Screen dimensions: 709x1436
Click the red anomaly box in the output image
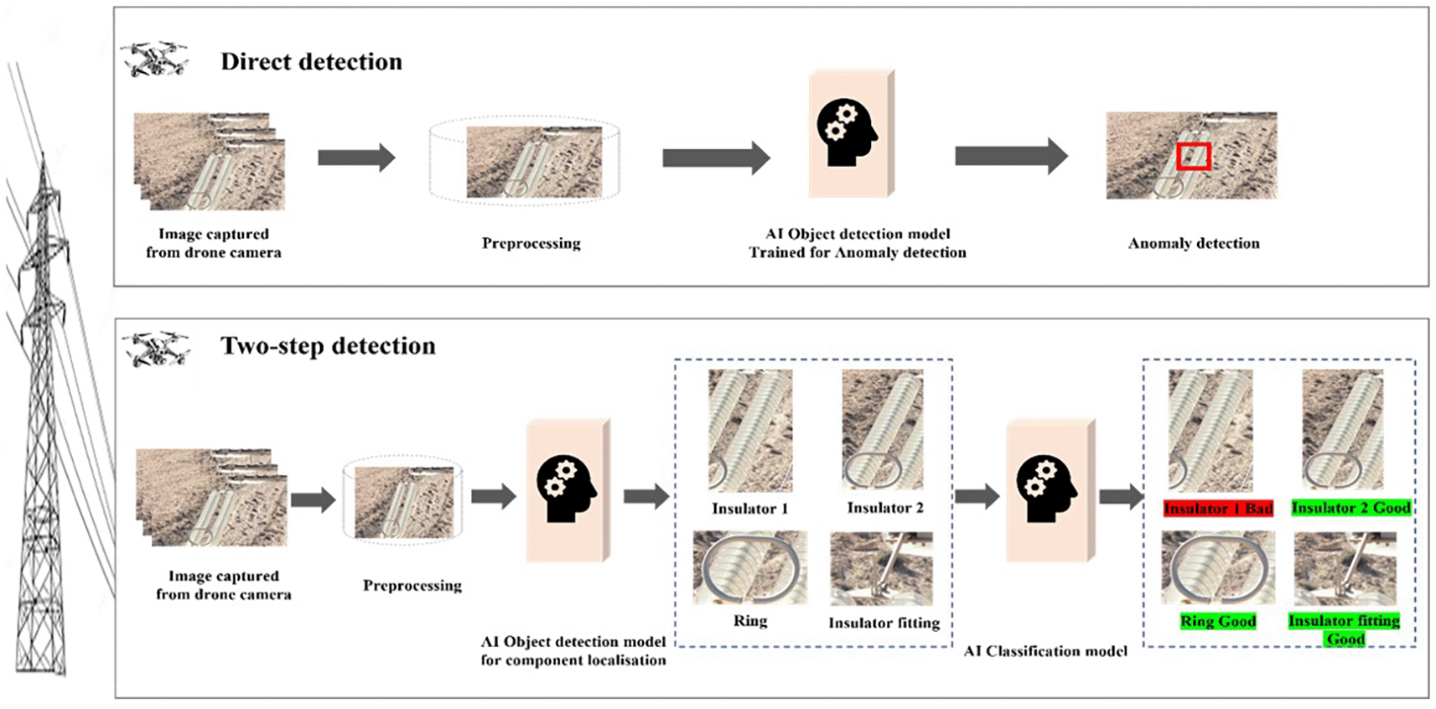(x=1193, y=157)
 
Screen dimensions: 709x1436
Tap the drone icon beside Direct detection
(x=154, y=60)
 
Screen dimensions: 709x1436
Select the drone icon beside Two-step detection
(x=156, y=349)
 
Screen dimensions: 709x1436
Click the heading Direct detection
(x=311, y=62)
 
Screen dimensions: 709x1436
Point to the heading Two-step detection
(x=328, y=346)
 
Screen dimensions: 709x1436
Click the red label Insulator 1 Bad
(x=1218, y=509)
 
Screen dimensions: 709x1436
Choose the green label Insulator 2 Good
(x=1350, y=508)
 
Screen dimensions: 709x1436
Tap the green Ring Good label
(x=1218, y=621)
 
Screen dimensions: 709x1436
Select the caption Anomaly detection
(x=1193, y=244)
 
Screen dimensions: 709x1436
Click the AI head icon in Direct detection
(x=847, y=133)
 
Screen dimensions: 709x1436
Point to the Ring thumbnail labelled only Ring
(x=749, y=567)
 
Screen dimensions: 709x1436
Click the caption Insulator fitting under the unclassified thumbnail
(x=884, y=623)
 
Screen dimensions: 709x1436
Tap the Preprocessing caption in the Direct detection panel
(x=531, y=244)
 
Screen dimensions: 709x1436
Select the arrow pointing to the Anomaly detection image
(x=1010, y=157)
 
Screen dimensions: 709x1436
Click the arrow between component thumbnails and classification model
(x=977, y=497)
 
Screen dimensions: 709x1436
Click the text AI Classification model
(x=1045, y=651)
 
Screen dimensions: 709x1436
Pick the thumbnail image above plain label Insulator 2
(x=883, y=430)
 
